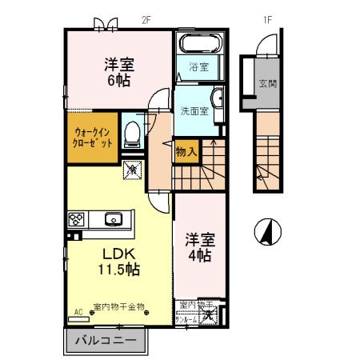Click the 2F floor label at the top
(x=145, y=21)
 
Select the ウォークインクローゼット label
(x=93, y=138)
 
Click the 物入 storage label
(x=183, y=151)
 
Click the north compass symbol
(x=268, y=233)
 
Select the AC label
(x=78, y=311)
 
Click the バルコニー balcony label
(x=106, y=340)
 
